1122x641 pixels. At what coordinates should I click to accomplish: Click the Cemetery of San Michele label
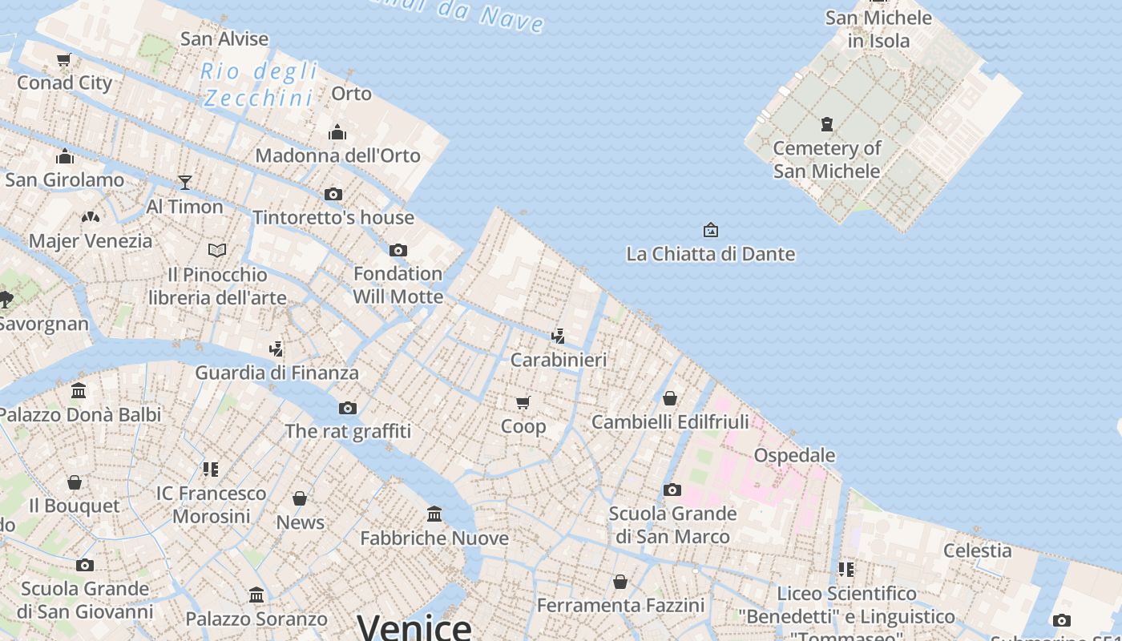(826, 159)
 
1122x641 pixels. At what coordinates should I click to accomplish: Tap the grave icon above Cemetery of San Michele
(826, 124)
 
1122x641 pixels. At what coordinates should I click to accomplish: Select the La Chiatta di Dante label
(710, 254)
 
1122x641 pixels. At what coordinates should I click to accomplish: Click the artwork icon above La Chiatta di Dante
(710, 231)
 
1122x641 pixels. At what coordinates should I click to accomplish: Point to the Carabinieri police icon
(558, 337)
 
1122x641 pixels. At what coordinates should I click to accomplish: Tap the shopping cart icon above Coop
(523, 402)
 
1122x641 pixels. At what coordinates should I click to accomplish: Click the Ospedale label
(794, 455)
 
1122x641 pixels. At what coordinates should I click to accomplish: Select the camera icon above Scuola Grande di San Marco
(672, 490)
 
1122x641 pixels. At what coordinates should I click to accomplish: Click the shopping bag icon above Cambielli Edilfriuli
(670, 398)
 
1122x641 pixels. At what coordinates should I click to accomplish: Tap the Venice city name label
(414, 626)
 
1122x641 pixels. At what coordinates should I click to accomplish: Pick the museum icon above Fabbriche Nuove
(434, 514)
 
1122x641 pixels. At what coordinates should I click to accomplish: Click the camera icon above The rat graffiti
(348, 408)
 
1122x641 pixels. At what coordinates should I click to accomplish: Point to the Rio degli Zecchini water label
(258, 84)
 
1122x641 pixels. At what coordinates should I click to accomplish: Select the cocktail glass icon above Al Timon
(185, 183)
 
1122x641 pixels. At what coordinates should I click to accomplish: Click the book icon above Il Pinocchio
(217, 251)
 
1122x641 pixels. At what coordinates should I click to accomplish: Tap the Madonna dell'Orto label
(337, 155)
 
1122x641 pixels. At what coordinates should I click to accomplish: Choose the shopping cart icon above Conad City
(64, 59)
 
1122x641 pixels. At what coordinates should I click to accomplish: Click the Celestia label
(977, 550)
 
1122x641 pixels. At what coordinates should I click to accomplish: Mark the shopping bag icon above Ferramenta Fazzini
(620, 582)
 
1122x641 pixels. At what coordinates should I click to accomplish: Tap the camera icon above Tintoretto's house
(333, 194)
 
